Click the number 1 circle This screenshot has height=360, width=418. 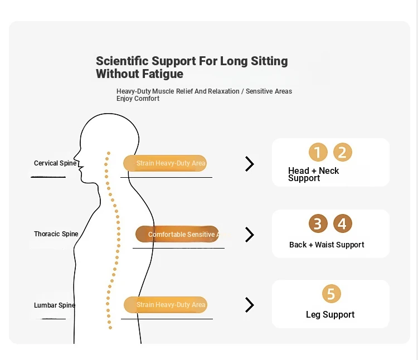tap(318, 153)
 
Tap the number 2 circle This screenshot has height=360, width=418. tap(342, 153)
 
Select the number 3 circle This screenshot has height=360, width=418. tap(318, 223)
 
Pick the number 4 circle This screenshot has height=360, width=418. tap(342, 223)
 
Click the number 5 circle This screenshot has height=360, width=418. tap(331, 294)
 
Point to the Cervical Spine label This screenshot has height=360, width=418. tap(55, 163)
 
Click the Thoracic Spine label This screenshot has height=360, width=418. tap(56, 234)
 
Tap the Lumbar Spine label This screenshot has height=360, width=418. tap(55, 305)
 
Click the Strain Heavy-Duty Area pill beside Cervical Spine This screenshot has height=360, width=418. tap(165, 163)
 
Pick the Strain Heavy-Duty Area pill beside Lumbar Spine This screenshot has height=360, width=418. tap(165, 305)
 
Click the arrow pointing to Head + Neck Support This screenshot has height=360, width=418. tap(250, 164)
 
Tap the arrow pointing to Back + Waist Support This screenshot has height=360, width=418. tap(250, 235)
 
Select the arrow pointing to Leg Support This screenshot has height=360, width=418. tap(250, 305)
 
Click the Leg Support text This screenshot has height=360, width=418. tap(330, 315)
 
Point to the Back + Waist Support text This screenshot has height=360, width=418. tap(327, 245)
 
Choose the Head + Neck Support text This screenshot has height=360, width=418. tap(313, 174)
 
